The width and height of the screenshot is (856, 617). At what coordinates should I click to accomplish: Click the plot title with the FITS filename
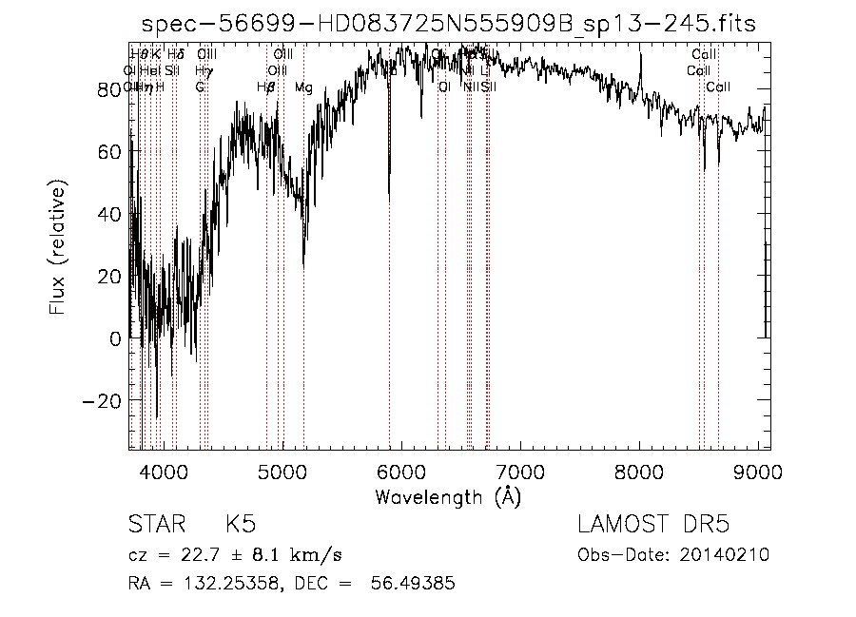448,25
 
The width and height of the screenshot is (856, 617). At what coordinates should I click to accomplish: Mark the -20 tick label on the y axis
103,400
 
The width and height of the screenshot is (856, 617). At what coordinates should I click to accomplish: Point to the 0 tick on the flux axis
116,338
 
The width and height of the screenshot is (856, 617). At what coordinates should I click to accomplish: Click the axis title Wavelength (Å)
448,496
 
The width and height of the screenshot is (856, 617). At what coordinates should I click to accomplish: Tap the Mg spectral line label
303,87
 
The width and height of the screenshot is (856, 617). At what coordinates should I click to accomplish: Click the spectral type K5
241,525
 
